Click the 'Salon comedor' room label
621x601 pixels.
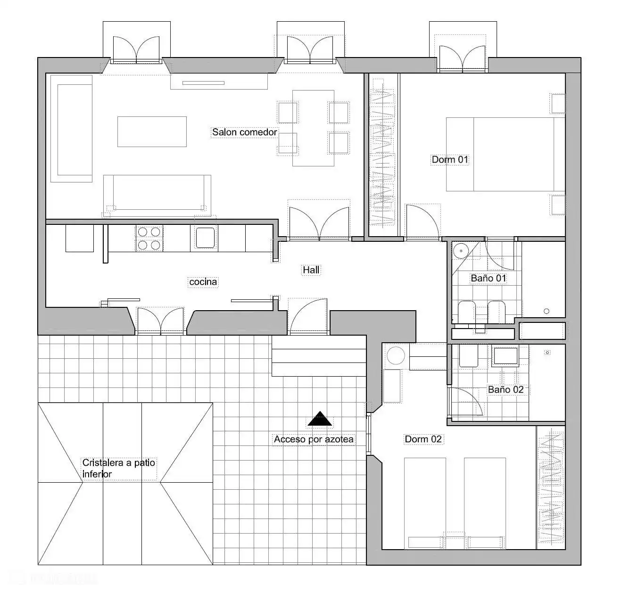coord(244,132)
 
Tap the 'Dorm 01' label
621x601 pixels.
coord(450,159)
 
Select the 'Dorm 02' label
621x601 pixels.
coord(423,439)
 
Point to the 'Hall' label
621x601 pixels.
coord(311,270)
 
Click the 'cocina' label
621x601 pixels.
coord(203,282)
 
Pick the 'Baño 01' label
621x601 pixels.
coord(489,278)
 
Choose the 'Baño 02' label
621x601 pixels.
coord(506,389)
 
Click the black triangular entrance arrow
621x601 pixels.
coord(320,419)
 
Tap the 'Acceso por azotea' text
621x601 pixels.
coord(314,439)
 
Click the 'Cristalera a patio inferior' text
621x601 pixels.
coord(119,468)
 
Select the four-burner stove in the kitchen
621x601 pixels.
coord(149,239)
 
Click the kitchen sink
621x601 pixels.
coord(205,238)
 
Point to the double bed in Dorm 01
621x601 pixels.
coord(505,155)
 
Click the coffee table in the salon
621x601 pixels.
coord(152,132)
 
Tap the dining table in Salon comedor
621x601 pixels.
coord(314,128)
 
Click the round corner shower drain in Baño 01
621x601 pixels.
coord(461,251)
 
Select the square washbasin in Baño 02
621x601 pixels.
coord(505,356)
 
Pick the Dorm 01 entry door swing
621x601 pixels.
coord(422,222)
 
